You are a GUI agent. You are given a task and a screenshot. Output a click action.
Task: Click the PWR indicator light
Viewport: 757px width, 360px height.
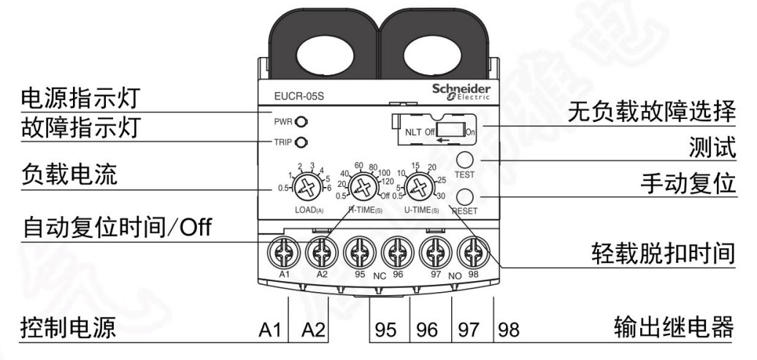point(299,122)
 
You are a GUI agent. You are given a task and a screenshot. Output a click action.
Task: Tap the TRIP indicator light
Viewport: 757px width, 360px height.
point(299,142)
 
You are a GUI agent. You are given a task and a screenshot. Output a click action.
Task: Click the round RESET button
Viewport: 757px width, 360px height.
point(464,195)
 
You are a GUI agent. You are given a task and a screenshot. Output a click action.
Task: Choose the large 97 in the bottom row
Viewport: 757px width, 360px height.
point(467,330)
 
